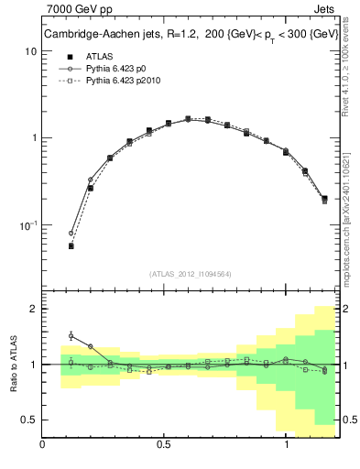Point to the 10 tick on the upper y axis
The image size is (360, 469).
[x=30, y=51]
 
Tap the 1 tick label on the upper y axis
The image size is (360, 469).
[x=33, y=138]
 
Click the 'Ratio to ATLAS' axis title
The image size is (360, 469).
[x=13, y=364]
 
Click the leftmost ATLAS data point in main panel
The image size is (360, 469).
[x=71, y=245]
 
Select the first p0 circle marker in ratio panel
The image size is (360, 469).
[x=71, y=335]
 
